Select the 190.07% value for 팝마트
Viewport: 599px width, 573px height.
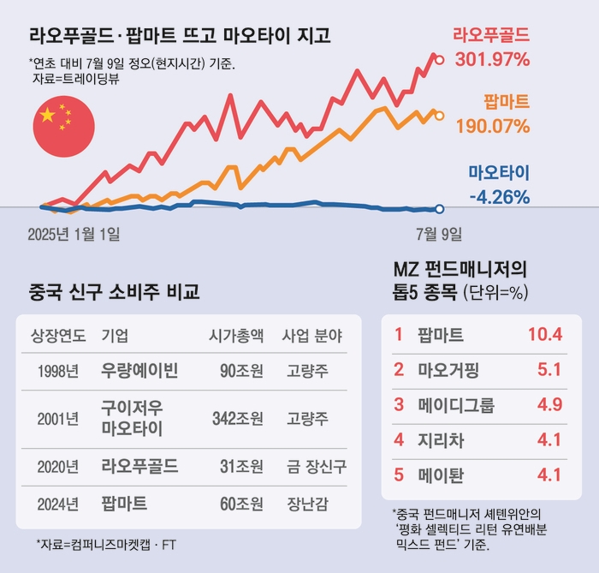click(492, 126)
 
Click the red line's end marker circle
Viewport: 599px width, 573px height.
click(440, 60)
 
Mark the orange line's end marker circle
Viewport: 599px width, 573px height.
click(440, 115)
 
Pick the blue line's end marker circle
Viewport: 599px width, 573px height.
click(440, 209)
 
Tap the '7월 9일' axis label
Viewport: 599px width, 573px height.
click(439, 234)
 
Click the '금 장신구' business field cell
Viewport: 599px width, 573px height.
click(312, 466)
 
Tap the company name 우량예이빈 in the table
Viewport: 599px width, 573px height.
click(139, 371)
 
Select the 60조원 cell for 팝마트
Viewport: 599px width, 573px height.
click(240, 503)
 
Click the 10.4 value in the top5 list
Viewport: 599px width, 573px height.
click(544, 334)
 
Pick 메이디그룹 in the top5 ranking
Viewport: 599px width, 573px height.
click(456, 405)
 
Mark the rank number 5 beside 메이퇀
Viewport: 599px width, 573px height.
click(398, 475)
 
